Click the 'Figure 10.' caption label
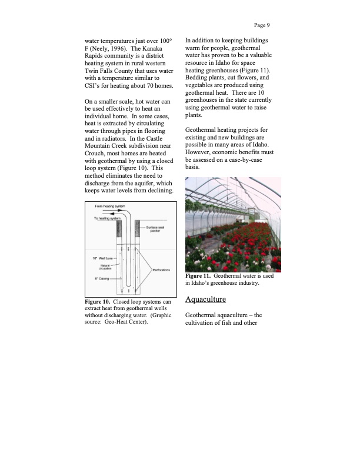click(x=100, y=302)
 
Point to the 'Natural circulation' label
click(x=106, y=268)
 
